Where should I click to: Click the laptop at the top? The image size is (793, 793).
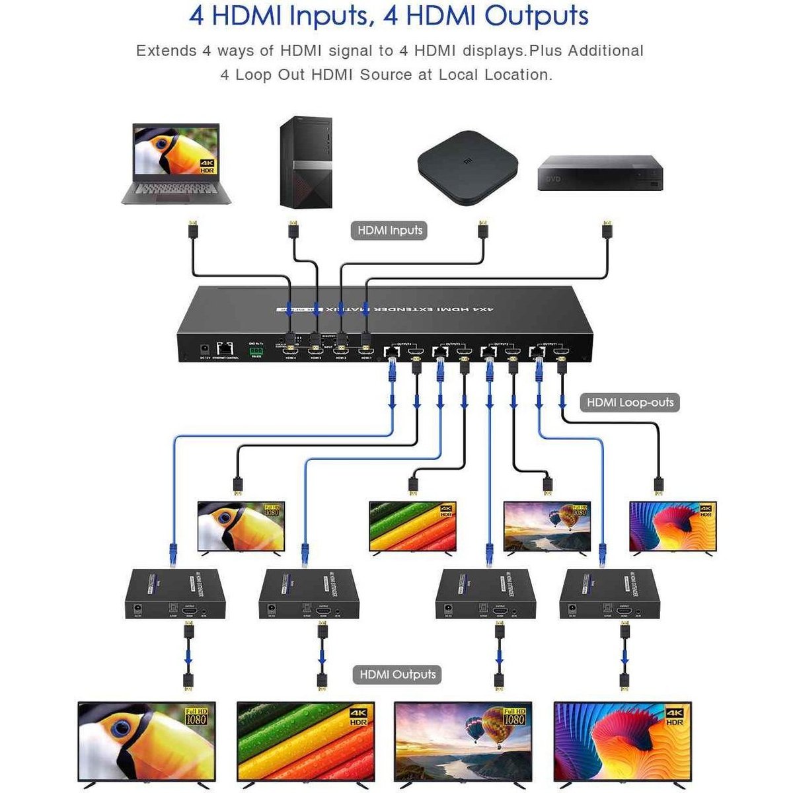click(x=176, y=162)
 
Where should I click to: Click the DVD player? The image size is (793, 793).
click(x=599, y=173)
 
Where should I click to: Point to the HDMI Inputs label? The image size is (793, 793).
click(x=390, y=231)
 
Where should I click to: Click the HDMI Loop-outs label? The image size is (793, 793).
click(x=630, y=402)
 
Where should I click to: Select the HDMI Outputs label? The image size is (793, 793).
click(x=397, y=675)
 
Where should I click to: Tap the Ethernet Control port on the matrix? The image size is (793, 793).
click(x=225, y=348)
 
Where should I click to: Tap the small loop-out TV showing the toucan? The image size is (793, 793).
click(x=241, y=526)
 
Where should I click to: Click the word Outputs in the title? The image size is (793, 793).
click(x=536, y=16)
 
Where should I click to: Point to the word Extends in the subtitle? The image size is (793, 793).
click(x=166, y=51)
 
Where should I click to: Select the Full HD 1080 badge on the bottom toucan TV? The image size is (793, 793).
click(x=196, y=716)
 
